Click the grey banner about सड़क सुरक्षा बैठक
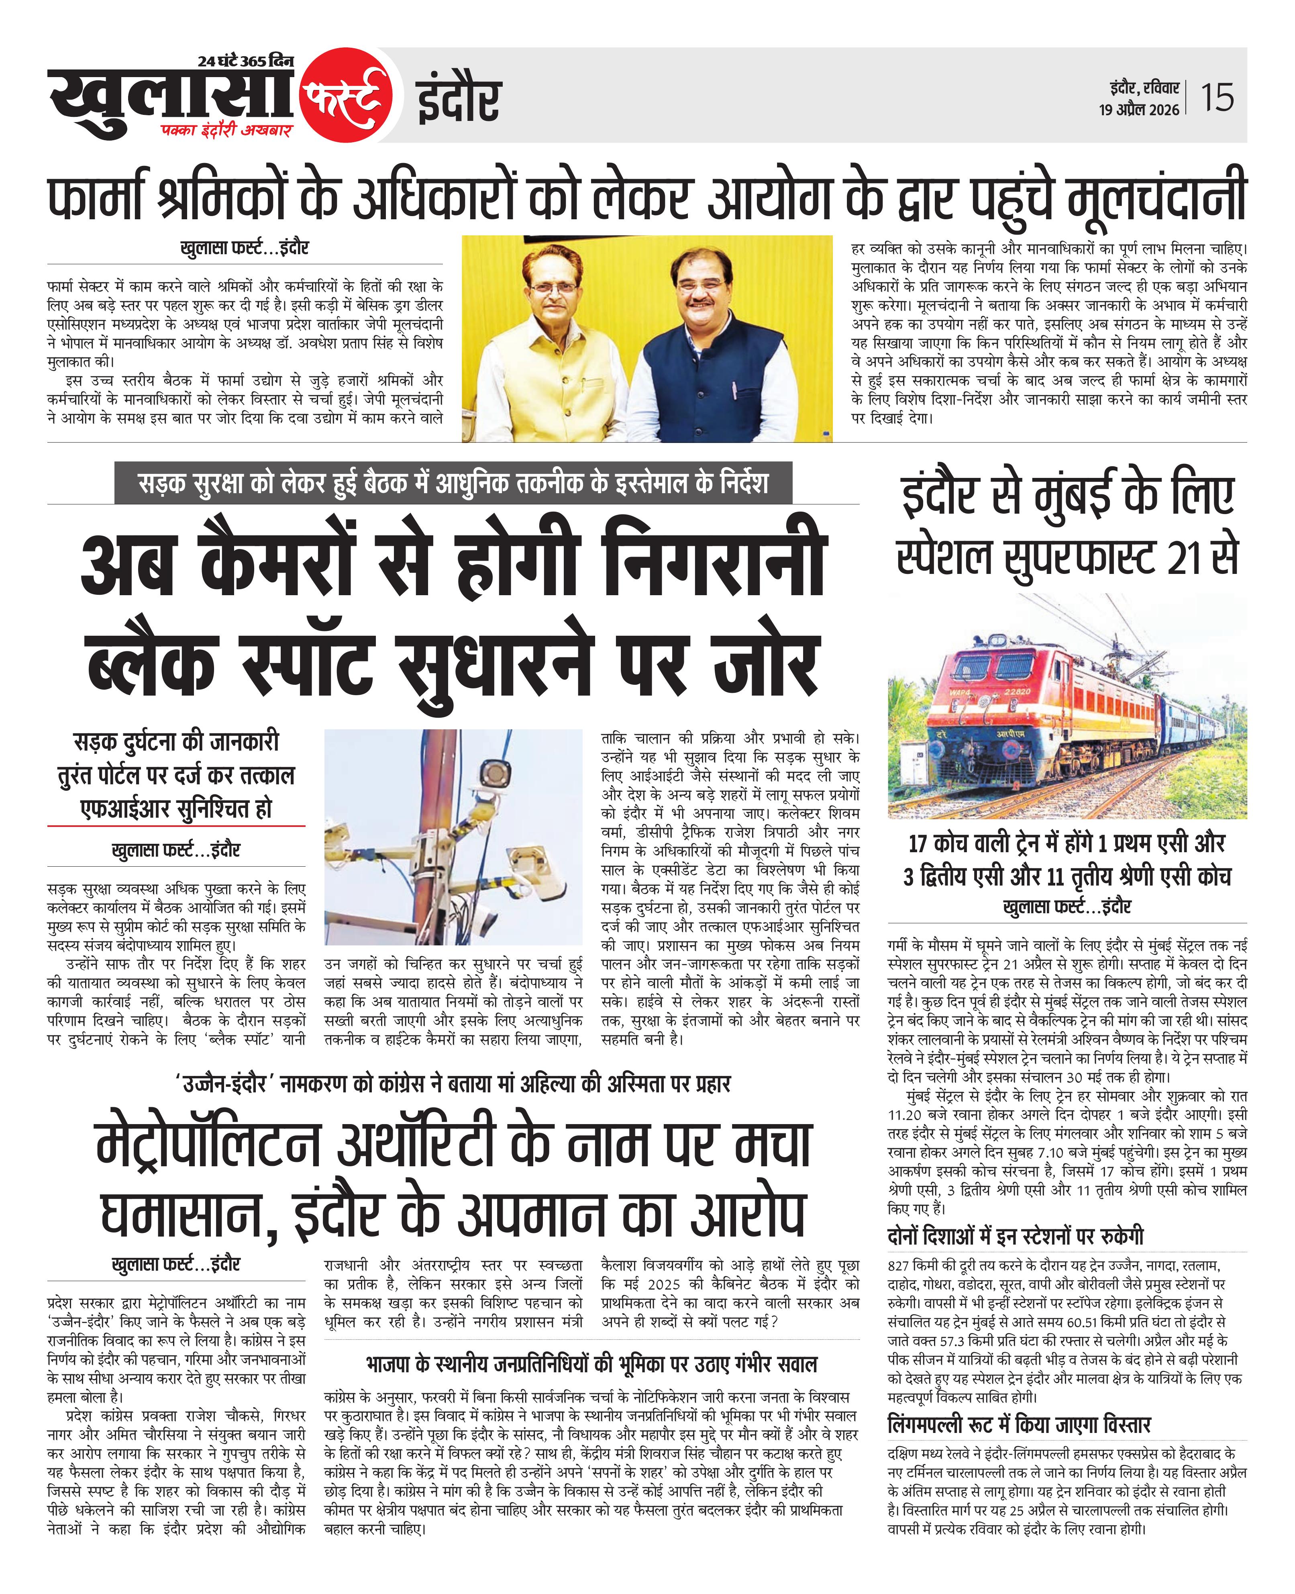pos(453,484)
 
